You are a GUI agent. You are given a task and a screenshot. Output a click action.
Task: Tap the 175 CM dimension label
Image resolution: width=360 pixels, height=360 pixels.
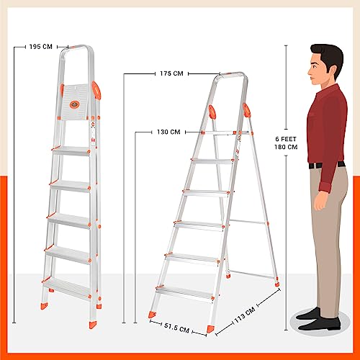171,73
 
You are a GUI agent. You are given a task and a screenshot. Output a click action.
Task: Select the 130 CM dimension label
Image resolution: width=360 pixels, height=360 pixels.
168,132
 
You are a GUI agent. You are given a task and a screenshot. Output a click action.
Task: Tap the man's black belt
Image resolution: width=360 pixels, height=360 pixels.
325,165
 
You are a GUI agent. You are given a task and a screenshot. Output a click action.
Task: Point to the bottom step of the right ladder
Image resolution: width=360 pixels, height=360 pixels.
181,292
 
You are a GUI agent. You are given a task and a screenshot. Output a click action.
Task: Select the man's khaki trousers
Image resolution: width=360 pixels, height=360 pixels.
328,230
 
